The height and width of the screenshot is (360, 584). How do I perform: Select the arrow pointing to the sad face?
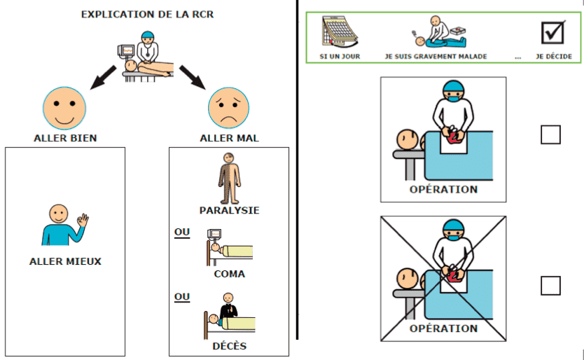tap(193, 77)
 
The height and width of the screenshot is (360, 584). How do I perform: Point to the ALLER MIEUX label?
tap(65, 261)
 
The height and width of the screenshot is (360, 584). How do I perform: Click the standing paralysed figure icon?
tap(229, 178)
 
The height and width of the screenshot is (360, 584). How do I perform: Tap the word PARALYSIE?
tap(229, 210)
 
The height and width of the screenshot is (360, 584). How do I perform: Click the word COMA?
tap(229, 274)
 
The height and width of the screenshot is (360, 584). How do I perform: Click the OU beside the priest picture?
tap(182, 297)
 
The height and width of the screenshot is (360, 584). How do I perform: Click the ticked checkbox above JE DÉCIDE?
tap(553, 32)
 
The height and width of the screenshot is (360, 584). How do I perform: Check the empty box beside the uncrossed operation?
tap(550, 134)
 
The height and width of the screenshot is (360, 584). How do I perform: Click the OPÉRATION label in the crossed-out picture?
tap(443, 328)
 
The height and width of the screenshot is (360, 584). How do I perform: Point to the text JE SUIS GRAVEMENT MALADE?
tap(436, 56)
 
